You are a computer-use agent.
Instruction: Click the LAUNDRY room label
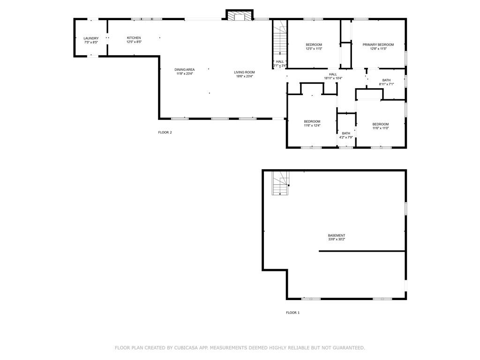[91, 38]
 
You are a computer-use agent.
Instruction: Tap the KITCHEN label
[134, 38]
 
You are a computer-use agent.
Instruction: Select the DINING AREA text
[185, 69]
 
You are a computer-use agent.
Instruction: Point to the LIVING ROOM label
[244, 72]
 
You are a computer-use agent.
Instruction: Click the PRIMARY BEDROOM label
[378, 45]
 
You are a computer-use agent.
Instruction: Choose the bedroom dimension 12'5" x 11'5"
[314, 49]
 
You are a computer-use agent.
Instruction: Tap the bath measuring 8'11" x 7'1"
[386, 84]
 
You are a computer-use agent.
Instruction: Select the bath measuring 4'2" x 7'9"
[346, 137]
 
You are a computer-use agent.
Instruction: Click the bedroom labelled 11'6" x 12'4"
[312, 126]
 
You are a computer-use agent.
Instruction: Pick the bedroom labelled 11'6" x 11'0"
[380, 128]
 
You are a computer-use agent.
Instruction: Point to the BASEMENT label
[336, 235]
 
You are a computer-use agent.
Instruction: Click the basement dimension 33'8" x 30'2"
[336, 240]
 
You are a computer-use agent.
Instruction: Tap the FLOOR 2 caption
[165, 132]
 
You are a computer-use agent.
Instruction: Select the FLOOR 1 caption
[292, 313]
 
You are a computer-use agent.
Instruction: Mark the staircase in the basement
[280, 184]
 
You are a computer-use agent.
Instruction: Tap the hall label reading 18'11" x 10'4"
[333, 78]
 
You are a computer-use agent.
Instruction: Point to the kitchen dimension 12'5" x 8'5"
[134, 42]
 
